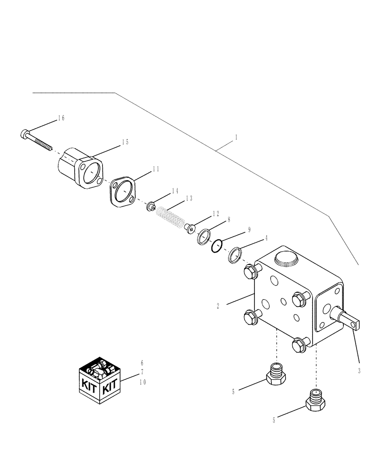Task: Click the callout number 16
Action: coord(61,118)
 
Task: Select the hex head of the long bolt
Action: coord(25,134)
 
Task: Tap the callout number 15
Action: coord(125,142)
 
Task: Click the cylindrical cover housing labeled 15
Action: coord(79,166)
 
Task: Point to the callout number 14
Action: coord(162,191)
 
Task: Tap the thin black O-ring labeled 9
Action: coord(217,246)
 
